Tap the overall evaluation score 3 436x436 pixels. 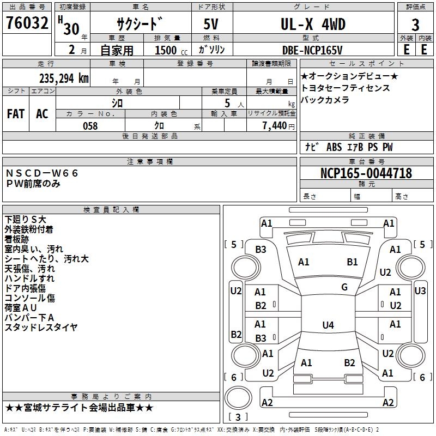point(415,25)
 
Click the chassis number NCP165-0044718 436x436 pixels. point(366,174)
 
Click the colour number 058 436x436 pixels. point(90,126)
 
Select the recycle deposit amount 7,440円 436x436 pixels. point(277,126)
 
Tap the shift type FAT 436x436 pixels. point(16,114)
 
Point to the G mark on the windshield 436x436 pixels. point(344,287)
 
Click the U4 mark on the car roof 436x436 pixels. point(328,325)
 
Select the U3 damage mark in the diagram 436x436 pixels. point(420,291)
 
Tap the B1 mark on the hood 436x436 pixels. point(352,262)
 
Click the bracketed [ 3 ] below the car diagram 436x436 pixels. point(238,417)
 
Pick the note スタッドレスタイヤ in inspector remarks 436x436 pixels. point(41,328)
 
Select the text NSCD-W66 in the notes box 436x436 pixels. point(42,173)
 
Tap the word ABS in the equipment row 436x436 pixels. point(334,147)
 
